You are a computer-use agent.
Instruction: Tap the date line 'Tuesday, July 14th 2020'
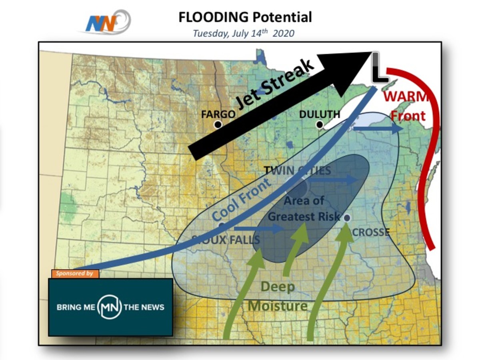[243, 33]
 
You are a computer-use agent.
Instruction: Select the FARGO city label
[218, 114]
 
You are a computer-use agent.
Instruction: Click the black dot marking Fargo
[218, 125]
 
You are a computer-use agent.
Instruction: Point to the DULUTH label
[320, 114]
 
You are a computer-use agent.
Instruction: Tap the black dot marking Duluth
[320, 125]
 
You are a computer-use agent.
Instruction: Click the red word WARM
[405, 97]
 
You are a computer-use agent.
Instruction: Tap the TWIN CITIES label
[298, 171]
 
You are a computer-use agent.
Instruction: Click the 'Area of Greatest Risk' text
[304, 208]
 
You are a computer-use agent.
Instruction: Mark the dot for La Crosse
[347, 218]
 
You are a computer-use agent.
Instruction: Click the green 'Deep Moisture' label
[278, 296]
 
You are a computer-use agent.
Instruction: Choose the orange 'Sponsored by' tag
[74, 274]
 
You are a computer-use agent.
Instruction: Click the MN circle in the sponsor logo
[110, 308]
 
